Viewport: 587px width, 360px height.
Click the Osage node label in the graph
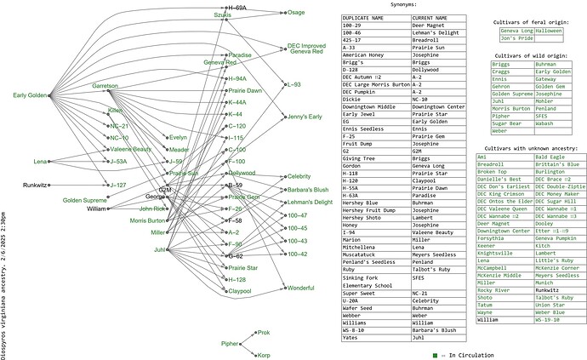pyautogui.click(x=296, y=13)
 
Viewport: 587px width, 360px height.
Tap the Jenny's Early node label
pyautogui.click(x=305, y=116)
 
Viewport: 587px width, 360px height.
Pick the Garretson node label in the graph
pyautogui.click(x=105, y=87)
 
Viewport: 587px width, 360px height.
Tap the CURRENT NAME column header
pyautogui.click(x=433, y=17)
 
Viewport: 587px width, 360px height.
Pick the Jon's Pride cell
pyautogui.click(x=517, y=38)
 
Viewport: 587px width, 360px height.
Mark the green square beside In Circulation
pyautogui.click(x=435, y=354)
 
